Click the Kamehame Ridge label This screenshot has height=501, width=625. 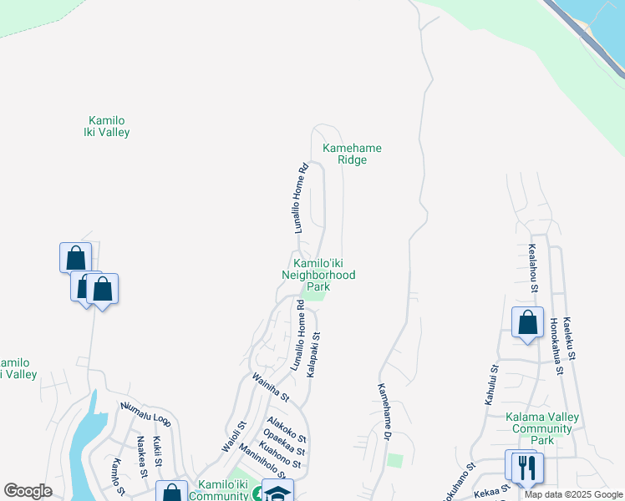352,154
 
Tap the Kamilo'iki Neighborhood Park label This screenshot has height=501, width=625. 318,275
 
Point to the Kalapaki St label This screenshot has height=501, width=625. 314,355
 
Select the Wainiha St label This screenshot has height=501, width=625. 271,386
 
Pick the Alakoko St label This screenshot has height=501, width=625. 287,429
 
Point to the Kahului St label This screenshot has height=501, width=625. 491,384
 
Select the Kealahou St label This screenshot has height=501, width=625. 532,267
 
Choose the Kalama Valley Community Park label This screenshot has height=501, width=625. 542,428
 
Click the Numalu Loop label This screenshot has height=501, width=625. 145,414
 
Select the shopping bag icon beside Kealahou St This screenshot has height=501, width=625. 527,321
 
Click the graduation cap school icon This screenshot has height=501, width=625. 277,493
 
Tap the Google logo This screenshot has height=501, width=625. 28,491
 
